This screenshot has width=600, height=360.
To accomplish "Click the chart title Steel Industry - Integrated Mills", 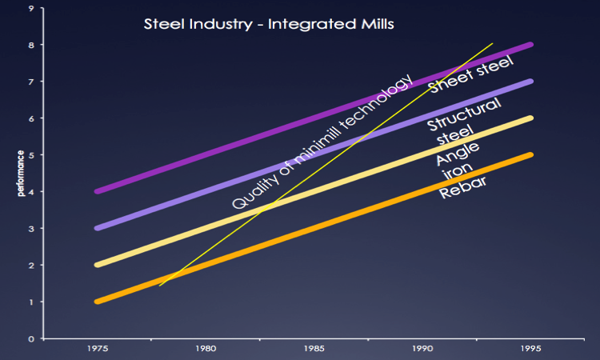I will [268, 23].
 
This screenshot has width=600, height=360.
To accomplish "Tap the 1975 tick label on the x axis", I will [98, 349].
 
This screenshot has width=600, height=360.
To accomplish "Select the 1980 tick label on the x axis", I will [206, 349].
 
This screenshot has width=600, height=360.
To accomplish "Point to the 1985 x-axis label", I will [314, 349].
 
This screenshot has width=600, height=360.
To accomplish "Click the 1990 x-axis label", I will [422, 349].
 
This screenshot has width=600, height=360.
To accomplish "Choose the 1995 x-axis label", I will [531, 349].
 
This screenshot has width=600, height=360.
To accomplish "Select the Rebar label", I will [464, 189].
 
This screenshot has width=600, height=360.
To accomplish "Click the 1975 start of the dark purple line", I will [98, 191].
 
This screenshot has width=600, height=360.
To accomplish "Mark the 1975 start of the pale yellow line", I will [98, 265].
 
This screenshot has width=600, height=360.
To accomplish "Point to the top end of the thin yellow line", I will [492, 43].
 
